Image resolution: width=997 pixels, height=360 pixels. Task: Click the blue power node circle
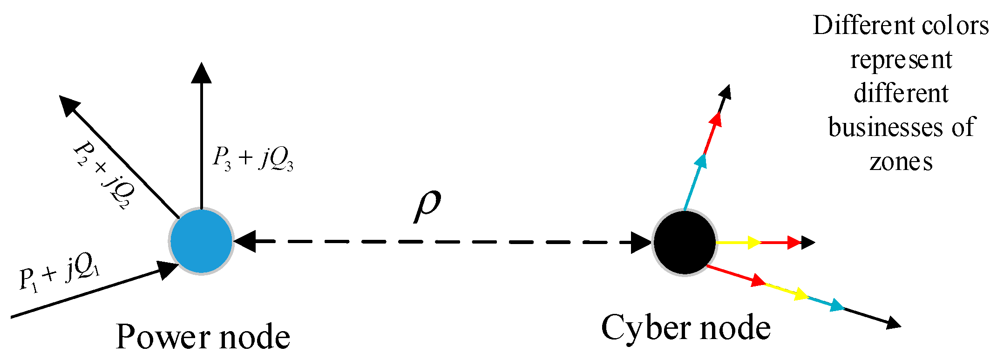[201, 241]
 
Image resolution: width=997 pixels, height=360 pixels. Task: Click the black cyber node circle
[684, 242]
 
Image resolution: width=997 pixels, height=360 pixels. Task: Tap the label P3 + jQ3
[253, 158]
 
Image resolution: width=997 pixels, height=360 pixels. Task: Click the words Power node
[203, 336]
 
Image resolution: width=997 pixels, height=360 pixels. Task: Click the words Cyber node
[686, 327]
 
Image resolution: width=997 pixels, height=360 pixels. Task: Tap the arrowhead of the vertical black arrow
[202, 73]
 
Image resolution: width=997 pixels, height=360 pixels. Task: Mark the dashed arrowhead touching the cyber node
[641, 242]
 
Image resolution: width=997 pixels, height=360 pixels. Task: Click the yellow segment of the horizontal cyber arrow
[733, 242]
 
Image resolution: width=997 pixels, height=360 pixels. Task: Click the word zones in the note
[901, 163]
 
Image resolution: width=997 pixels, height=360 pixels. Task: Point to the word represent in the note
[901, 60]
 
